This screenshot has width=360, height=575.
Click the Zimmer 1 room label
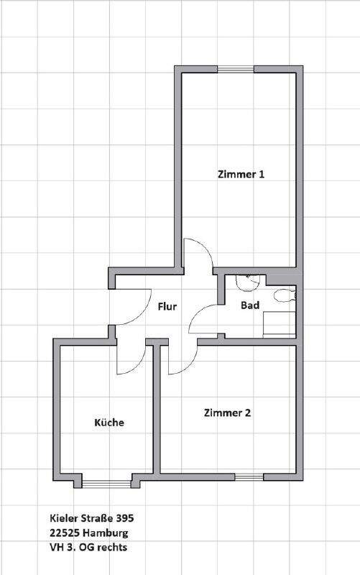point(241,174)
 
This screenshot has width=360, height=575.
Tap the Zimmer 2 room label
point(227,413)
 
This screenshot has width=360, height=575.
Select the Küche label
point(109,422)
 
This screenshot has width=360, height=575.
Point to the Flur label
point(167,306)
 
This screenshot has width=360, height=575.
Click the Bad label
point(250,305)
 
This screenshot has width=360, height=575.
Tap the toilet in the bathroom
point(285,295)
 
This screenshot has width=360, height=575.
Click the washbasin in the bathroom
point(248,282)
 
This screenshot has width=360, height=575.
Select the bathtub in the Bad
point(280,325)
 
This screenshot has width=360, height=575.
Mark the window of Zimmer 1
point(236,69)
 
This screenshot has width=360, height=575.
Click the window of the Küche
point(106,484)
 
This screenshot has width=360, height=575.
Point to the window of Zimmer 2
point(249,477)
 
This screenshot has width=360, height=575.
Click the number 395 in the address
point(125,517)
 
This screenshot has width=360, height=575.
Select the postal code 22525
point(65,533)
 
